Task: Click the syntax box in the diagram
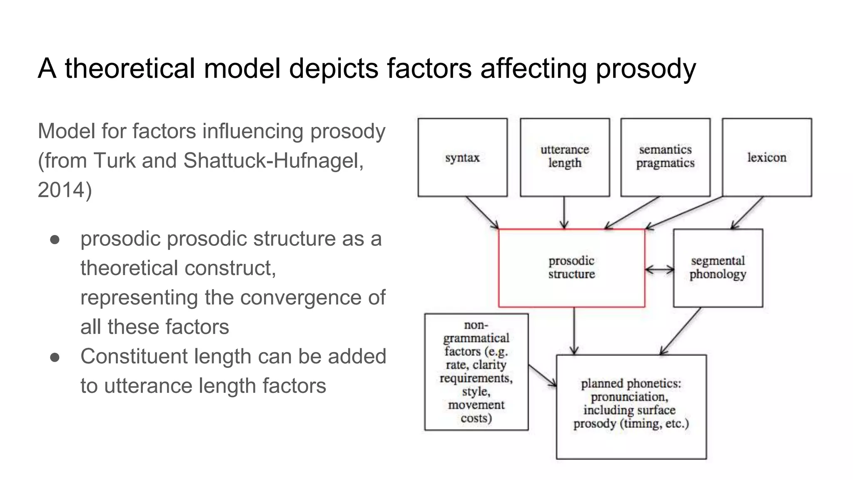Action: pyautogui.click(x=462, y=157)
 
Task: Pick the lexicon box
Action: pyautogui.click(x=767, y=157)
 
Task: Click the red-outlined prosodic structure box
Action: pyautogui.click(x=571, y=268)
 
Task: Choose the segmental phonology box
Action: pyautogui.click(x=718, y=268)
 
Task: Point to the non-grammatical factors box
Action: pyautogui.click(x=476, y=372)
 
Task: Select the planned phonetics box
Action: pyautogui.click(x=631, y=407)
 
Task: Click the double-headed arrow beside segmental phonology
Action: pyautogui.click(x=659, y=270)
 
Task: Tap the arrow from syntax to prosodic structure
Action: pyautogui.click(x=482, y=212)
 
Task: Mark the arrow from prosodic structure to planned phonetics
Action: pyautogui.click(x=574, y=331)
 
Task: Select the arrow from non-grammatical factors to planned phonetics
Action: pyautogui.click(x=542, y=375)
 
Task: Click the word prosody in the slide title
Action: pyautogui.click(x=646, y=68)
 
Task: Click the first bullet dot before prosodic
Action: pyautogui.click(x=55, y=240)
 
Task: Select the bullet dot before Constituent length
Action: pyautogui.click(x=55, y=357)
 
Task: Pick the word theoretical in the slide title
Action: pyautogui.click(x=130, y=68)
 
